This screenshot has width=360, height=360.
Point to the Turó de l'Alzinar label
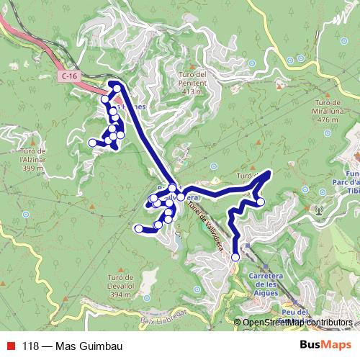point(33,159)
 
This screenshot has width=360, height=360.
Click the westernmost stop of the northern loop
point(92,143)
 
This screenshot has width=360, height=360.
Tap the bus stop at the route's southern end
point(235,256)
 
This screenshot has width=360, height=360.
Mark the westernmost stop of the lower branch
point(138,228)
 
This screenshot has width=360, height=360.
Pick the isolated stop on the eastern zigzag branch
point(261,202)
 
